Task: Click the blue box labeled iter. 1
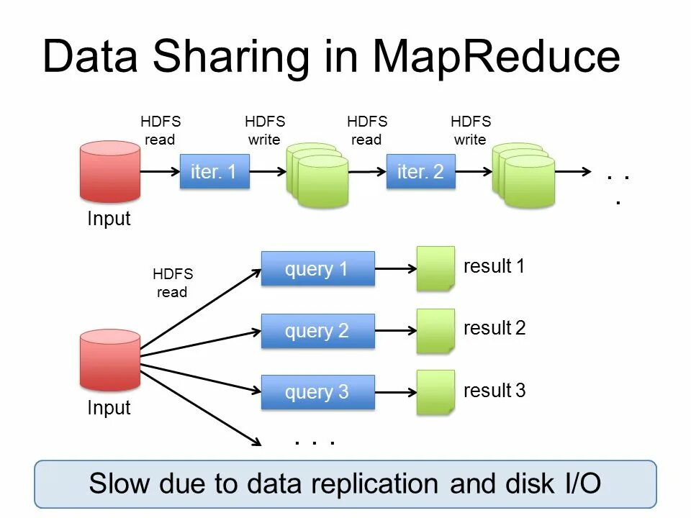click(x=214, y=172)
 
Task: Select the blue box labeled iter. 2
click(x=420, y=172)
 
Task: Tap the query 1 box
click(x=317, y=269)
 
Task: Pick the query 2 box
click(x=317, y=331)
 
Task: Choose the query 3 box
click(x=317, y=392)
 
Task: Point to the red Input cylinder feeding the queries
click(x=109, y=359)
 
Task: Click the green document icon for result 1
click(x=435, y=268)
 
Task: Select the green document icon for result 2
click(x=435, y=331)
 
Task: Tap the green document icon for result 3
click(x=435, y=392)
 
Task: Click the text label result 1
click(x=494, y=266)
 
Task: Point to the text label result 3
click(x=494, y=391)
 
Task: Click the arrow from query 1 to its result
click(x=395, y=269)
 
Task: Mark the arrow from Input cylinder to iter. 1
click(x=159, y=172)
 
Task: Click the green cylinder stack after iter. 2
click(x=523, y=176)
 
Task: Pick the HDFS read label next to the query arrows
click(x=173, y=283)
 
